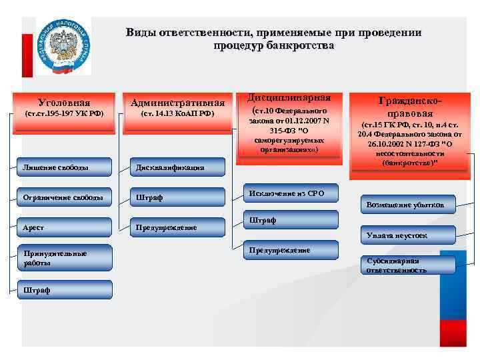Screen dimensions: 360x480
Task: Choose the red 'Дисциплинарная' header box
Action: [x=289, y=123]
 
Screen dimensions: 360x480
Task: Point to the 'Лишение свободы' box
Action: [x=64, y=167]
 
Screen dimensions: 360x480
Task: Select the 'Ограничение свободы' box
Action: [x=64, y=197]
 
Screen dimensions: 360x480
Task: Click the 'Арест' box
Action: [x=64, y=227]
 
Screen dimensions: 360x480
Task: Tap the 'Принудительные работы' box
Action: [x=64, y=258]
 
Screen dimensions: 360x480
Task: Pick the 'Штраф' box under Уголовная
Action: [x=64, y=289]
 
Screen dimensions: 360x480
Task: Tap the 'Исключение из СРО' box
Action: [x=289, y=193]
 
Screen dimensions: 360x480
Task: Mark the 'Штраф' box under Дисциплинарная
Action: [x=289, y=221]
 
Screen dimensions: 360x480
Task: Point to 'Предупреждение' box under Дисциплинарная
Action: [x=289, y=251]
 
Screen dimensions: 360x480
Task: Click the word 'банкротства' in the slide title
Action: [x=301, y=46]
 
